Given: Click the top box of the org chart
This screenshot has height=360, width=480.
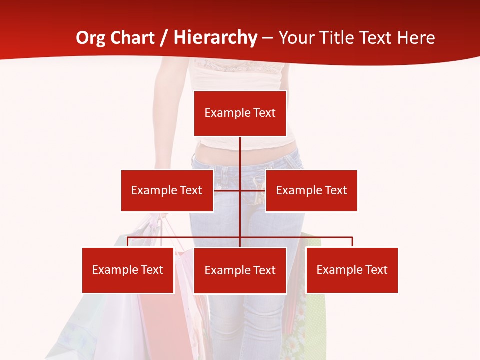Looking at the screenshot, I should coord(240,113).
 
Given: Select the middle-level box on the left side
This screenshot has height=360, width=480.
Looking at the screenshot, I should coord(167,190).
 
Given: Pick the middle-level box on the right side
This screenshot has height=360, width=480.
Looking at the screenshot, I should coord(311,190).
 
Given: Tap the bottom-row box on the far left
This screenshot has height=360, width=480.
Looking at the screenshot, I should coord(128,270).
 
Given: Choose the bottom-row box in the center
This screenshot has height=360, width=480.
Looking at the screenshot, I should coord(240,270).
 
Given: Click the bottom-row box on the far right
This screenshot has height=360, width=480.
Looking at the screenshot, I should coord(352,270).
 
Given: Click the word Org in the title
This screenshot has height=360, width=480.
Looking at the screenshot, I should coord(90,38).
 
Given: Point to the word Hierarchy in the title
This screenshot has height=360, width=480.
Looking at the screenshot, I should coord(215,38).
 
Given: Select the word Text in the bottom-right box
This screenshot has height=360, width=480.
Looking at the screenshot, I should coord(376,270).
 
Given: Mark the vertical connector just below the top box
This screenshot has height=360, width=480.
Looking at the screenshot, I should coord(240,150).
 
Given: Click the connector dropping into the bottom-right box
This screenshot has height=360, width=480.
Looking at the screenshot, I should coord(352,242).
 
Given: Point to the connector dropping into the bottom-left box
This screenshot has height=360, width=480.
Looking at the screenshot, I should coord(128,242).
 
